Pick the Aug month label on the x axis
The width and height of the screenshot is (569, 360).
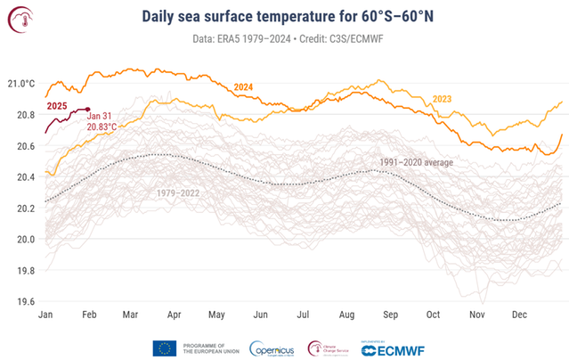[x=346, y=315]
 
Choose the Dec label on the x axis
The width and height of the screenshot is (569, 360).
[x=520, y=315]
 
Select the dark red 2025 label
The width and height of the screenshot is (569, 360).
[x=58, y=107]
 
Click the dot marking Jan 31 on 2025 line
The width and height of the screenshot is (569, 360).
[x=87, y=110]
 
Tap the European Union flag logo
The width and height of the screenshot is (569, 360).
[x=164, y=348]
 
